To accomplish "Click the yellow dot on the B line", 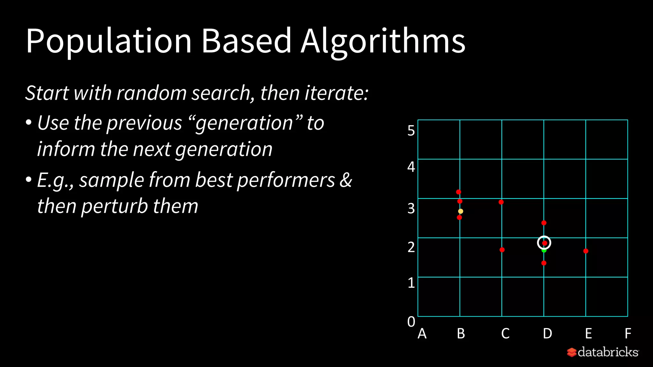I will coord(460,211).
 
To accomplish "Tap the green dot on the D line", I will coord(544,250).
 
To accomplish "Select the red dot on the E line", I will coord(586,251).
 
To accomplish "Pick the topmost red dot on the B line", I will coord(459,192).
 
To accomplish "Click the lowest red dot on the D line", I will coord(544,263).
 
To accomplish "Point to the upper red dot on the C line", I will coord(501,202).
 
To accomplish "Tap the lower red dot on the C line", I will coord(502,250).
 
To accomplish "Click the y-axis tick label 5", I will coord(411,131).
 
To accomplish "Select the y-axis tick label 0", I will coord(411,321).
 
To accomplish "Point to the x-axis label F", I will coord(627,334).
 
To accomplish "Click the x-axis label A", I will coord(422,334).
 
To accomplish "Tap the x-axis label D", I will coord(547,334).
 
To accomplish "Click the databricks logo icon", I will coord(571,352).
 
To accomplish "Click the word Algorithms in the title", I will coord(383,41).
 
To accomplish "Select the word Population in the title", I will coord(108,41).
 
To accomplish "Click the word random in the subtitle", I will coord(151,93).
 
